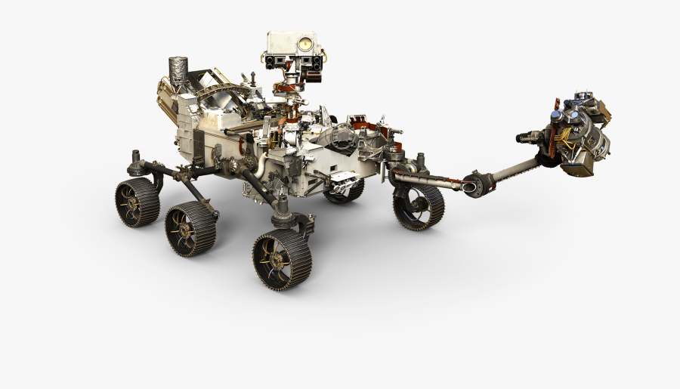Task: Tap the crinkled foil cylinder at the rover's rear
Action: (178, 71)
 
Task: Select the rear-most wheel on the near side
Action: (138, 202)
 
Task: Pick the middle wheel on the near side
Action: (190, 227)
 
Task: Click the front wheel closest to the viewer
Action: (281, 259)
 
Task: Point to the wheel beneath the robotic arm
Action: (418, 206)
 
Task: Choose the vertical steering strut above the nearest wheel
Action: (282, 203)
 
